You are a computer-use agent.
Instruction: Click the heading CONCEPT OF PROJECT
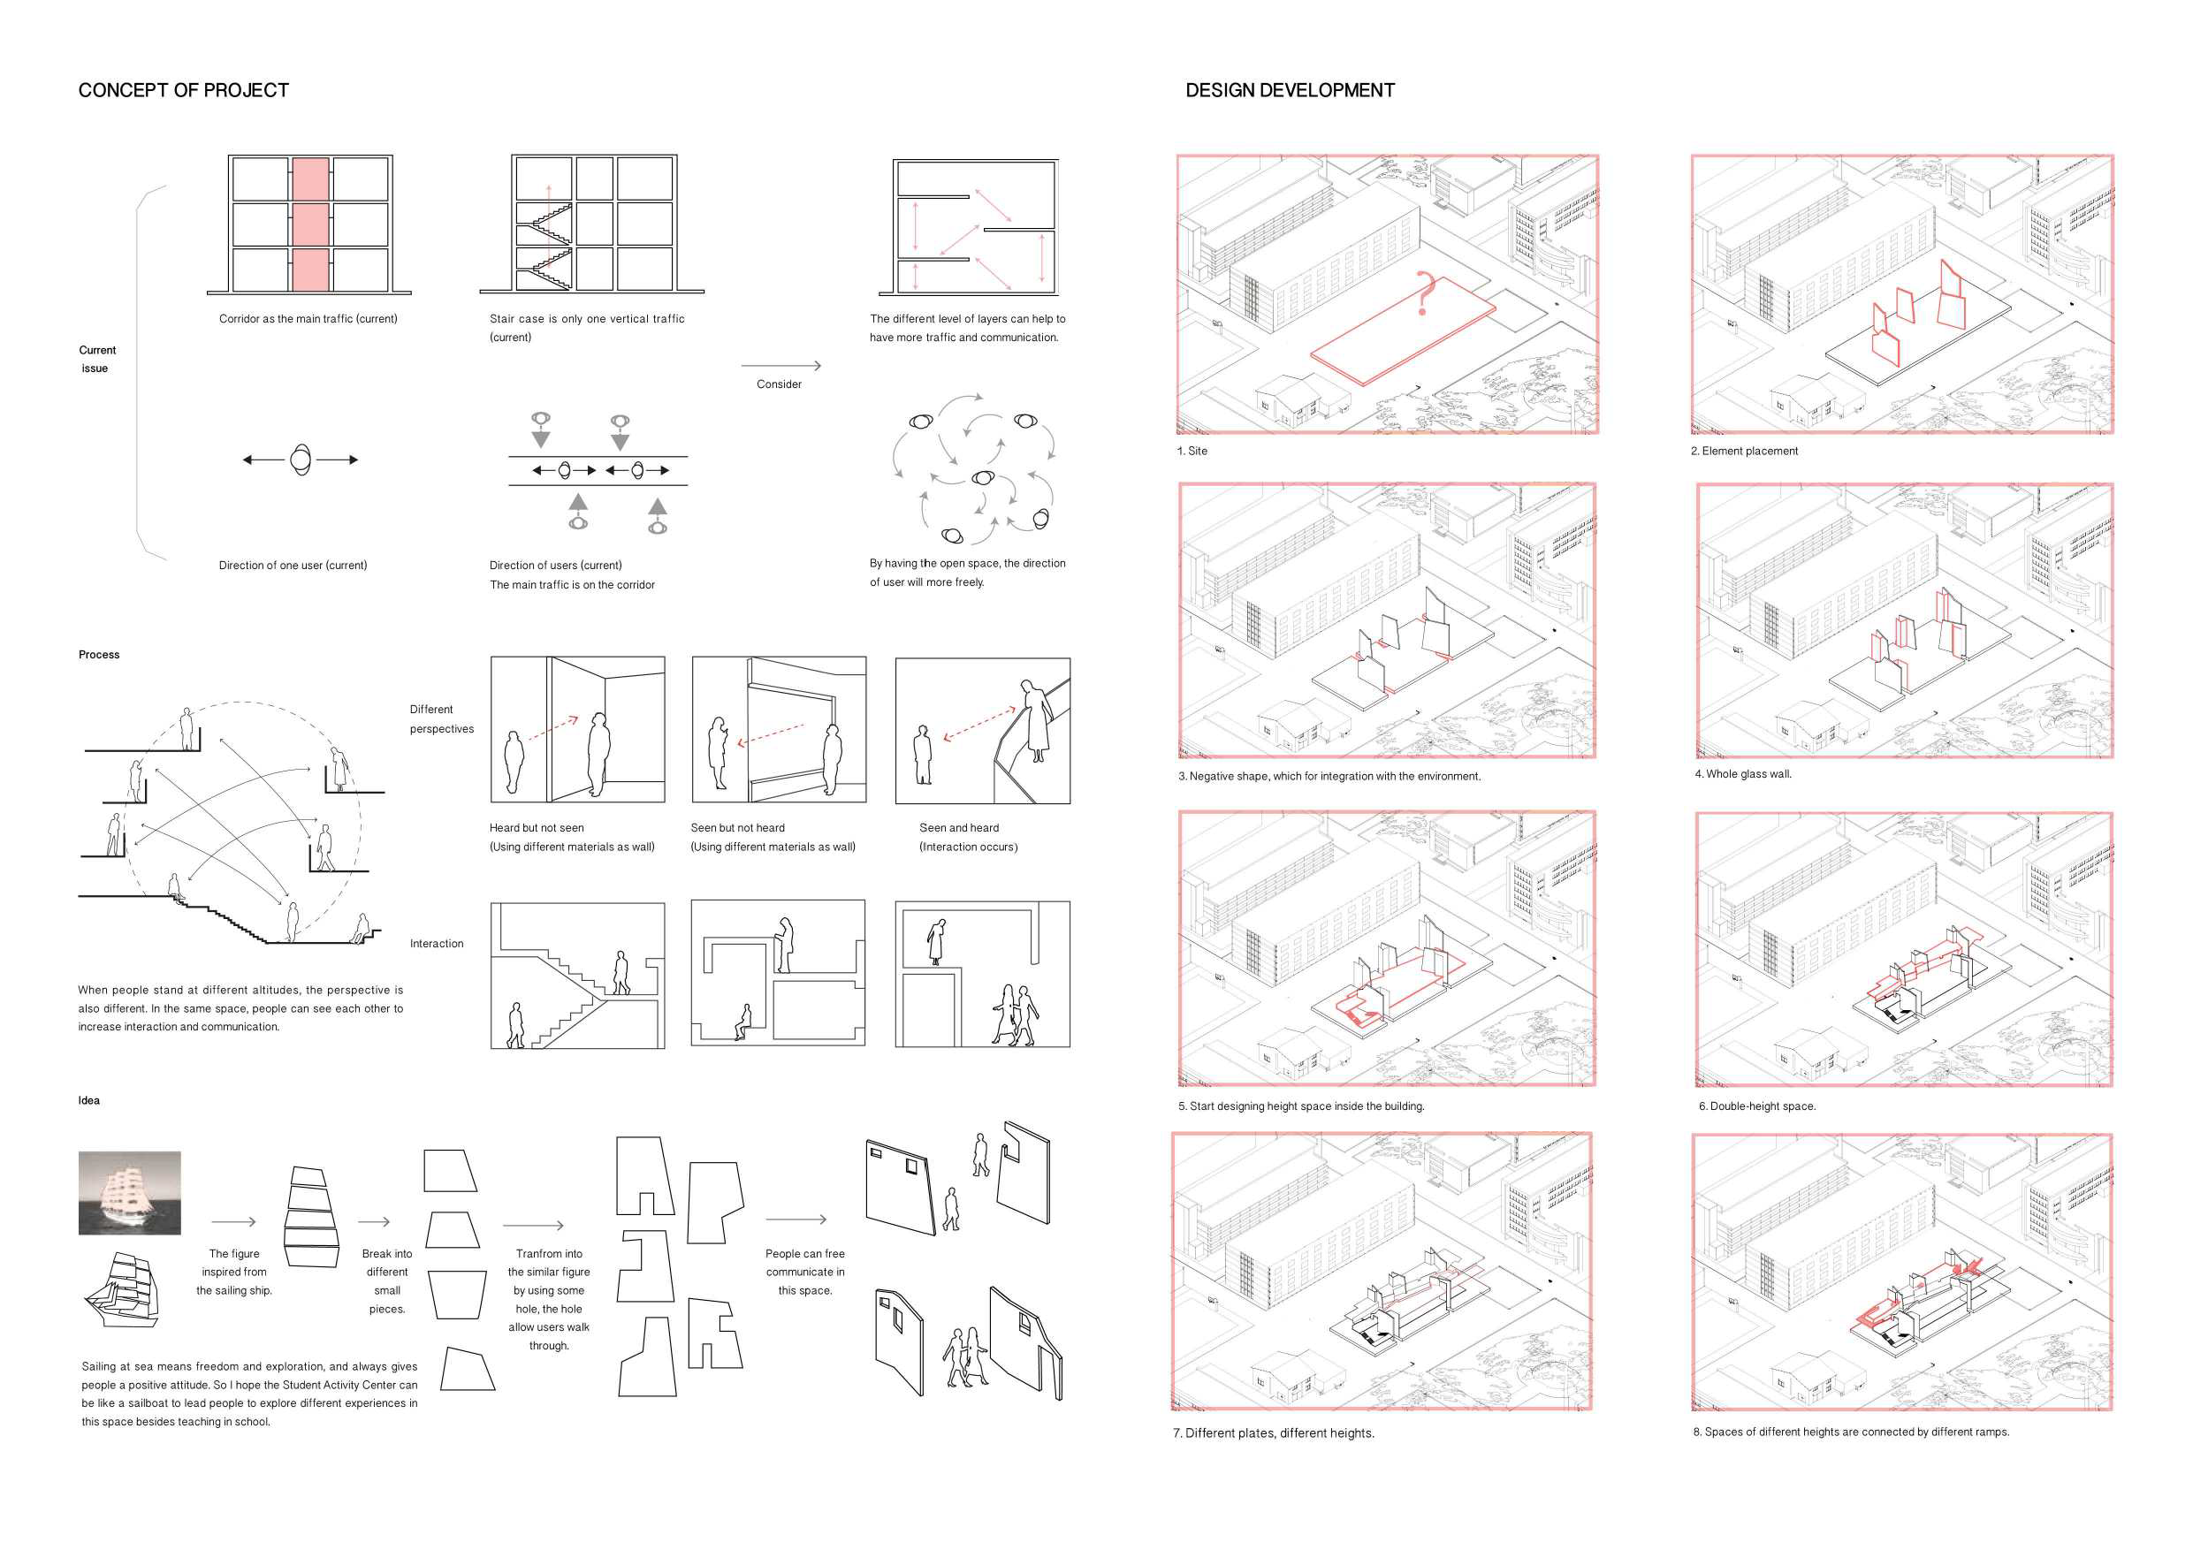click(183, 91)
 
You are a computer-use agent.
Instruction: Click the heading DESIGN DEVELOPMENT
click(1290, 91)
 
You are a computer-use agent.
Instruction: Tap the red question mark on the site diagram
click(1425, 293)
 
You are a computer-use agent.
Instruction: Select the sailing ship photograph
click(130, 1193)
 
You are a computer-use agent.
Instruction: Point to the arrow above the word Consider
click(780, 366)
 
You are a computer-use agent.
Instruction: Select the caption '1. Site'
click(1192, 452)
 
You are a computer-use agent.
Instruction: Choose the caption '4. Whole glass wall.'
click(1743, 774)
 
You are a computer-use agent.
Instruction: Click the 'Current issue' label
click(96, 359)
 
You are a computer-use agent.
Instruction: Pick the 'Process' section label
click(99, 655)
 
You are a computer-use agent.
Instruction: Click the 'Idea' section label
click(88, 1101)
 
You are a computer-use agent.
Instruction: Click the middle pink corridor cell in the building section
click(310, 224)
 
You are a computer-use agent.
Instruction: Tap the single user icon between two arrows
click(301, 460)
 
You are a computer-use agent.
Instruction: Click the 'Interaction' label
click(437, 945)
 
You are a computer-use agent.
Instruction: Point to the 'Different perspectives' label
click(440, 719)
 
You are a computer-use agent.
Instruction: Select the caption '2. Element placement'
click(1744, 452)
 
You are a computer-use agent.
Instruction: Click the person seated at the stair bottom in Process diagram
click(361, 928)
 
